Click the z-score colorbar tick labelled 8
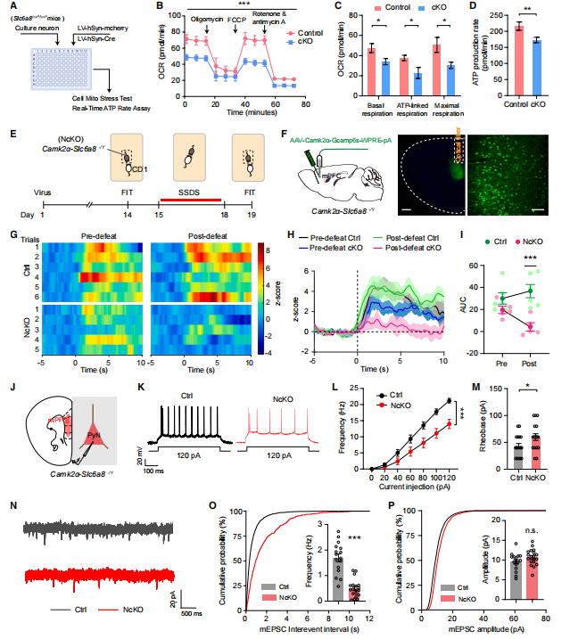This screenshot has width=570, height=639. coord(267,252)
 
